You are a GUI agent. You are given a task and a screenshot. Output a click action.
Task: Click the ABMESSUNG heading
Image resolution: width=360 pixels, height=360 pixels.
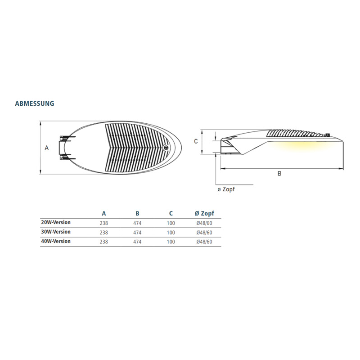click(35, 103)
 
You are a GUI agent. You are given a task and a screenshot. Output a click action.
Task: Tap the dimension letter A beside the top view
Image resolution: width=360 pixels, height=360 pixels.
click(47, 148)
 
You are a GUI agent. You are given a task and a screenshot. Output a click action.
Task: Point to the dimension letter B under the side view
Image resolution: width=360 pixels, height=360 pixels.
click(279, 173)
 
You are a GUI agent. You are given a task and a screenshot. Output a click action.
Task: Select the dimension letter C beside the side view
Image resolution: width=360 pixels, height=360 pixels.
click(196, 141)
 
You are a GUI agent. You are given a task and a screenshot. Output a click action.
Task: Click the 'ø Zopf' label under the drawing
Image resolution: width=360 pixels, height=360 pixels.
click(226, 189)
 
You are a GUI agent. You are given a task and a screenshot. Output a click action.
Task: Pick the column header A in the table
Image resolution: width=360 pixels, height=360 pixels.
click(104, 213)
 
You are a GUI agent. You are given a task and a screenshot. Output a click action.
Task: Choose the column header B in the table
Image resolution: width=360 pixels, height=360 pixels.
click(137, 213)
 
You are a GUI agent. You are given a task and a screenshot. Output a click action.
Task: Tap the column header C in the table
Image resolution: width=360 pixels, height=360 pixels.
click(171, 213)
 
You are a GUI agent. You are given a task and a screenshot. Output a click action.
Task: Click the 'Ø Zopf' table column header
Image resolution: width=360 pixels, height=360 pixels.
click(204, 213)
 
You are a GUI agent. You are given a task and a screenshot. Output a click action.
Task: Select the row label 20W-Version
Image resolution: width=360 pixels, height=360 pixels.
click(56, 222)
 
